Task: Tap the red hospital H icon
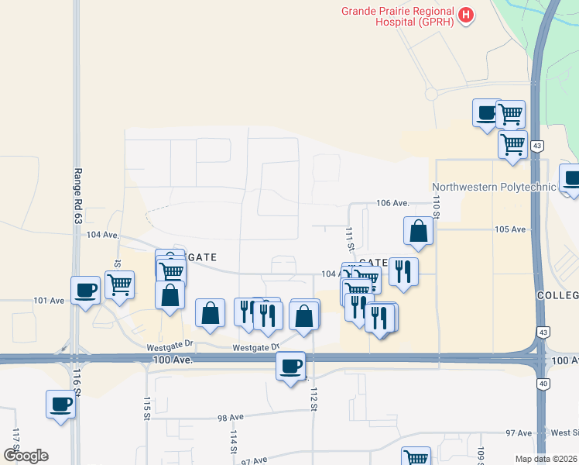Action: tap(465, 14)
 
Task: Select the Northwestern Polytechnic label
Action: tap(494, 187)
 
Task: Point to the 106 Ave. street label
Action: tap(392, 203)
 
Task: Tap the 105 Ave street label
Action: tap(510, 229)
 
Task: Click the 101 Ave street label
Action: tap(48, 300)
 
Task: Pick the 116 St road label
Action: tap(77, 383)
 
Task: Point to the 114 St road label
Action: tap(232, 443)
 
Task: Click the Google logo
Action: tap(26, 456)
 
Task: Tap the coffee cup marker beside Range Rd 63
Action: tap(86, 291)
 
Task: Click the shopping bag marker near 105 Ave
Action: tap(418, 230)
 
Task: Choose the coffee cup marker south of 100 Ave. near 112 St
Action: tap(291, 365)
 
